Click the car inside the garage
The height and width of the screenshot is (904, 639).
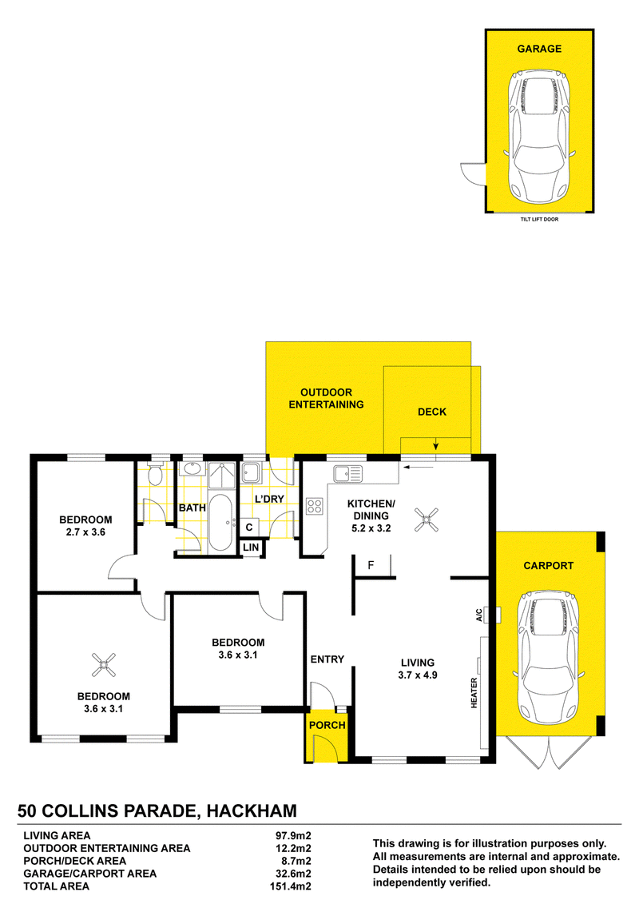tap(539, 136)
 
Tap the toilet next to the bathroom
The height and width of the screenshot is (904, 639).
tap(154, 473)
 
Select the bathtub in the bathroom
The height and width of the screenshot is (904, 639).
tap(220, 522)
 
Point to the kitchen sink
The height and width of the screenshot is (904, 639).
tap(347, 473)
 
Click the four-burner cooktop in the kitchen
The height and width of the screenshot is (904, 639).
tap(314, 506)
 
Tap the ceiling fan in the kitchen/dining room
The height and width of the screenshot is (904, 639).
tap(427, 520)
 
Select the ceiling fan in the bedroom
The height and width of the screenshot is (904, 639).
tap(104, 665)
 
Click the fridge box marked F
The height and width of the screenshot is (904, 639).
tap(373, 566)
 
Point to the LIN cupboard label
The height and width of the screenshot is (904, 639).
tap(252, 548)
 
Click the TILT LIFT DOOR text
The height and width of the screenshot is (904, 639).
tap(539, 219)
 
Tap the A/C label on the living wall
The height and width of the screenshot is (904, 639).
tap(479, 615)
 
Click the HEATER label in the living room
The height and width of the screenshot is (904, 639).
tap(474, 692)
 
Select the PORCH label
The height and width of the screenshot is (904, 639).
tap(327, 725)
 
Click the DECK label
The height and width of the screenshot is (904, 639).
tap(432, 412)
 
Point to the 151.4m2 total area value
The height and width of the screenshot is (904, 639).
tap(290, 886)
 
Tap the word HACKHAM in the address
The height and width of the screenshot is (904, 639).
tap(252, 811)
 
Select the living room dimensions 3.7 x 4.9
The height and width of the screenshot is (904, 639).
tap(418, 675)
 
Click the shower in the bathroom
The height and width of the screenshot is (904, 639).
tap(222, 476)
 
